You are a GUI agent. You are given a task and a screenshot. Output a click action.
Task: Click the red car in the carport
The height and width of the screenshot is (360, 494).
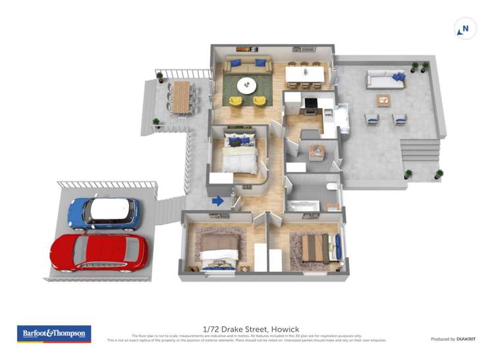click(x=99, y=252)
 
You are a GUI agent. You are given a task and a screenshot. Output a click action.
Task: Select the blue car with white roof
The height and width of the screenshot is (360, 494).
click(x=104, y=213)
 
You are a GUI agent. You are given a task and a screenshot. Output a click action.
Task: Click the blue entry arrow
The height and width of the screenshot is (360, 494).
click(x=218, y=201)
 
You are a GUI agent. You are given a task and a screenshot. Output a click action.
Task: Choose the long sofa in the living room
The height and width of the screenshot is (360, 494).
click(x=247, y=64)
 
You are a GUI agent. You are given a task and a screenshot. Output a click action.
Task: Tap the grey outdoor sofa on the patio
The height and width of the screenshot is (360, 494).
click(x=386, y=80)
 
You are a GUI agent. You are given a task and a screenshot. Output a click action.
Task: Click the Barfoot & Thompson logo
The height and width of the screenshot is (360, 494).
click(x=54, y=334)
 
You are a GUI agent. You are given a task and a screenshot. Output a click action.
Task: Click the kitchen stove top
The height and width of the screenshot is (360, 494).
click(x=310, y=103)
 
